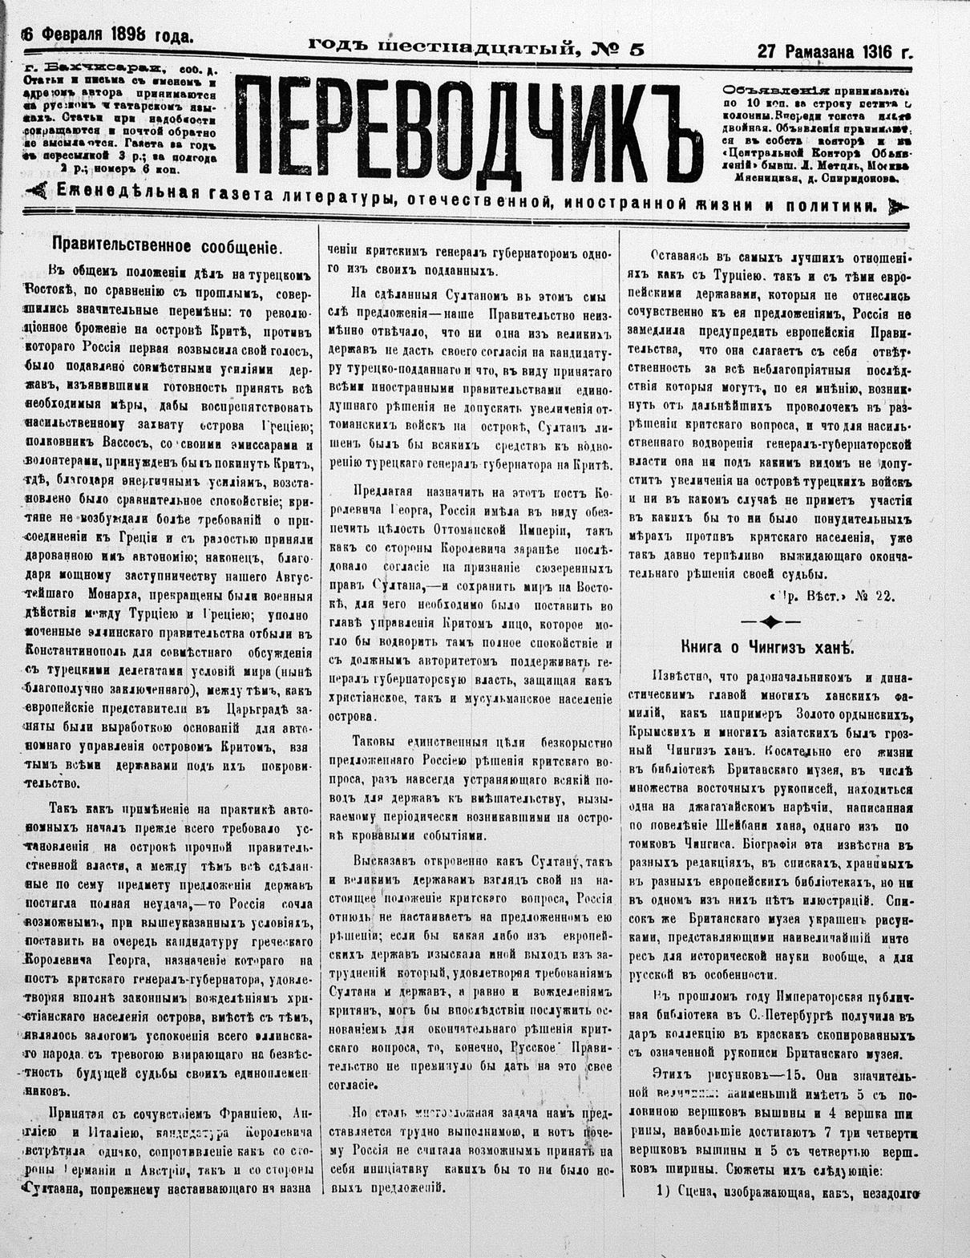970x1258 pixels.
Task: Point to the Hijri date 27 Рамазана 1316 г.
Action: click(x=834, y=53)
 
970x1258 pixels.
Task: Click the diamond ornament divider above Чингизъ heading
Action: click(x=769, y=621)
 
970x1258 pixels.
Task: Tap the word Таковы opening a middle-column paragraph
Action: click(x=377, y=742)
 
